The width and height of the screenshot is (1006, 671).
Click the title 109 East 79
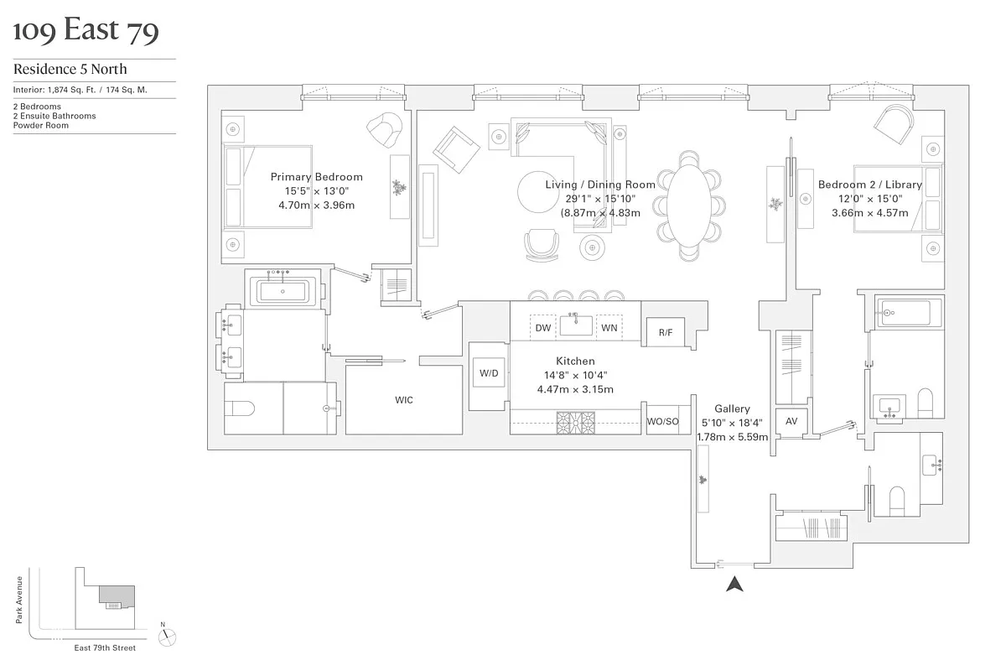[86, 31]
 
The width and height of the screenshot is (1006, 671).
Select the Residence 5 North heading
[70, 70]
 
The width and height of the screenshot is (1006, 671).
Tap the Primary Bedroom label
[316, 177]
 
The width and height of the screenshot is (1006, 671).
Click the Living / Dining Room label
[600, 185]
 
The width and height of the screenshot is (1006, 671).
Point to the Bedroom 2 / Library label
[869, 185]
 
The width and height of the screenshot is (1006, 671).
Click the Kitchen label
[575, 362]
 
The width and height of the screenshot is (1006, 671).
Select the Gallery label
[732, 409]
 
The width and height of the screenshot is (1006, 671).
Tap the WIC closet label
[404, 400]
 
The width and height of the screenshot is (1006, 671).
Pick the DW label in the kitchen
[543, 328]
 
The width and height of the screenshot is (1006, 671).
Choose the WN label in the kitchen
[609, 328]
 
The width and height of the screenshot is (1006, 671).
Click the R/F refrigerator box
[665, 333]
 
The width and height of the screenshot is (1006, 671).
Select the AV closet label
[791, 422]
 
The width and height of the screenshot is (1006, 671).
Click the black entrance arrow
[734, 585]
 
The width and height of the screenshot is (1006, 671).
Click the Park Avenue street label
[18, 599]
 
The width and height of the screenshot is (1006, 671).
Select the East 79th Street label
[104, 648]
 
